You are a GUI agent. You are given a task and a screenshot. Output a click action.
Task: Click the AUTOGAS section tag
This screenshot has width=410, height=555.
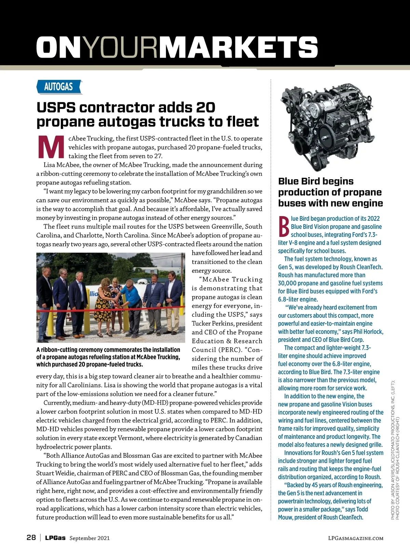click(59, 87)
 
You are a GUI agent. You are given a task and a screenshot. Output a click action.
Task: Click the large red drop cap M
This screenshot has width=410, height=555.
click(51, 147)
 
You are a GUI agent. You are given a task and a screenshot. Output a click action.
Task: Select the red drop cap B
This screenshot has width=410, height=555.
click(284, 227)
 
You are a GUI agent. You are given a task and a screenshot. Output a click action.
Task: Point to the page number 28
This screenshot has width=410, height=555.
click(31, 538)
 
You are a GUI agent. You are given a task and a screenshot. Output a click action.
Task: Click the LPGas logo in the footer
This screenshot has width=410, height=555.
click(55, 538)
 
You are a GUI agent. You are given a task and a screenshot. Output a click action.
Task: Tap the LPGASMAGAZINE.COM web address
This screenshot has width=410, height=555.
click(355, 538)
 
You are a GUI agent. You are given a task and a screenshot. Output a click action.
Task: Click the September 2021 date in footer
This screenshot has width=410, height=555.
click(90, 538)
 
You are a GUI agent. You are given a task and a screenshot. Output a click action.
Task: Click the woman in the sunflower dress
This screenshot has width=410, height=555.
click(104, 307)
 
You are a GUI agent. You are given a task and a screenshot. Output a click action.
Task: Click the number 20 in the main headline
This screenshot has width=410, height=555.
click(205, 108)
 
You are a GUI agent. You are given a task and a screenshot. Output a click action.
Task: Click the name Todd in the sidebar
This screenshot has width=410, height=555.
click(362, 509)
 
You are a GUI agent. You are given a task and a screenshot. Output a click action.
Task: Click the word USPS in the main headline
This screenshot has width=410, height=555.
click(56, 108)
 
